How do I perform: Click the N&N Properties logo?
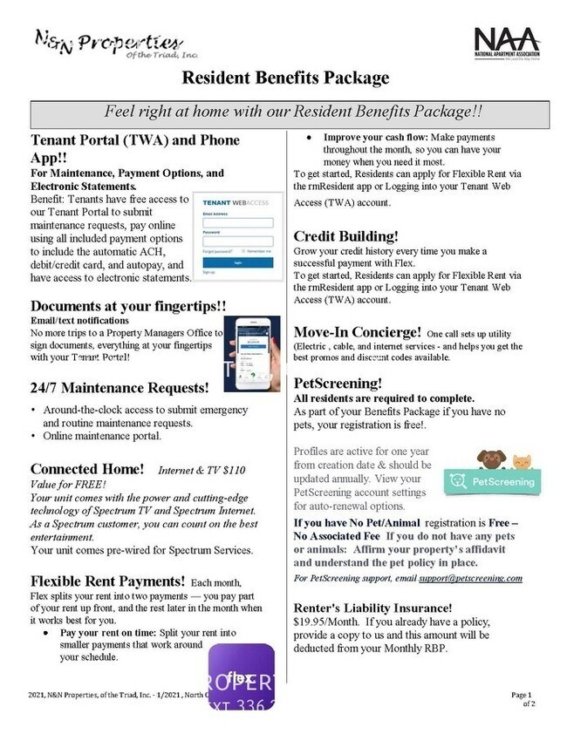pyautogui.click(x=109, y=43)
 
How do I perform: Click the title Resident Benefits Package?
pyautogui.click(x=285, y=78)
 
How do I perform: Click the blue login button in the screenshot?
pyautogui.click(x=237, y=262)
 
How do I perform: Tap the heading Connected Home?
pyautogui.click(x=87, y=468)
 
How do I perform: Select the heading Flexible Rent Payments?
pyautogui.click(x=107, y=581)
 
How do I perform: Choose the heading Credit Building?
pyautogui.click(x=345, y=236)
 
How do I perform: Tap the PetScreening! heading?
pyautogui.click(x=338, y=383)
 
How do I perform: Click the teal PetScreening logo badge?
pyautogui.click(x=488, y=479)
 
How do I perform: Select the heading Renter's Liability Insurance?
pyautogui.click(x=372, y=608)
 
